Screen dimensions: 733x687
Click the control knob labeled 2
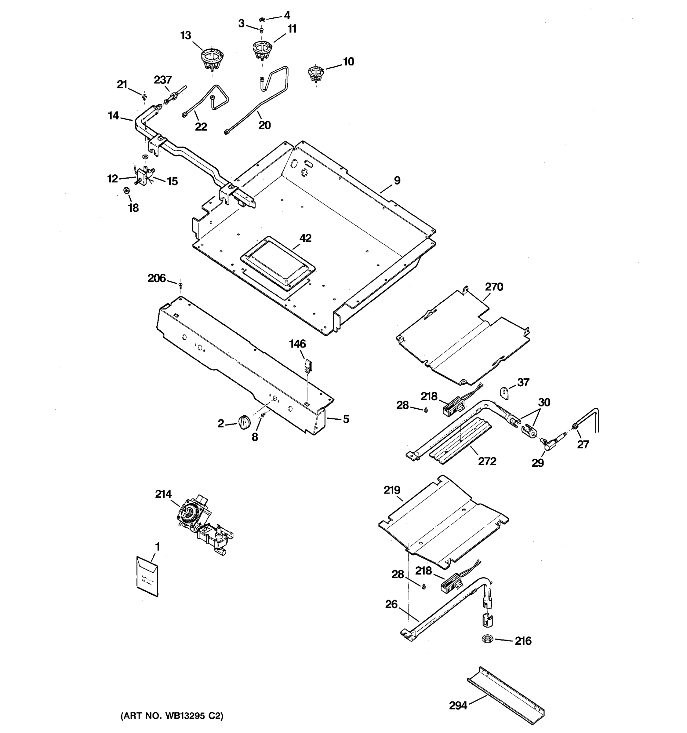click(244, 422)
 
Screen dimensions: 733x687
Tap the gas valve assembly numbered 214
click(203, 524)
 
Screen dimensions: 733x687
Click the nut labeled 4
click(262, 19)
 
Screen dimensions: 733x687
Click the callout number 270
click(494, 286)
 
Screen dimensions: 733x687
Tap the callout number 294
click(458, 705)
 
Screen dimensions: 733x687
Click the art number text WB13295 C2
click(172, 716)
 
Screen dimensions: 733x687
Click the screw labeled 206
click(180, 285)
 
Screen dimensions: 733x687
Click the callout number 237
click(162, 80)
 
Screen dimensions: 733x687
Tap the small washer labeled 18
click(126, 191)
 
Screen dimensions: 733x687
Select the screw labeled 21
click(144, 97)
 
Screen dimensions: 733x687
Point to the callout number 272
click(487, 461)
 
